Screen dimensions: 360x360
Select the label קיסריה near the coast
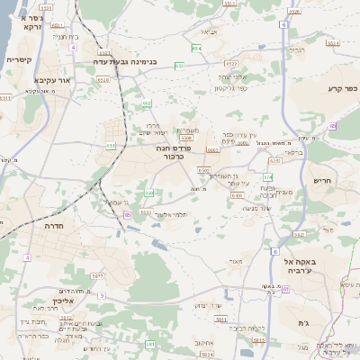click(20, 59)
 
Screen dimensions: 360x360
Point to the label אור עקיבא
click(52, 80)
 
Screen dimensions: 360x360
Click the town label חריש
click(323, 180)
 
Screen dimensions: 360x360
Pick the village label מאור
click(236, 262)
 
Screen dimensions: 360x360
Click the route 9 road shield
click(102, 295)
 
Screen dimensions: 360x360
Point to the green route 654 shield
click(196, 47)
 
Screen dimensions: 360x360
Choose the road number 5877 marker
click(98, 276)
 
